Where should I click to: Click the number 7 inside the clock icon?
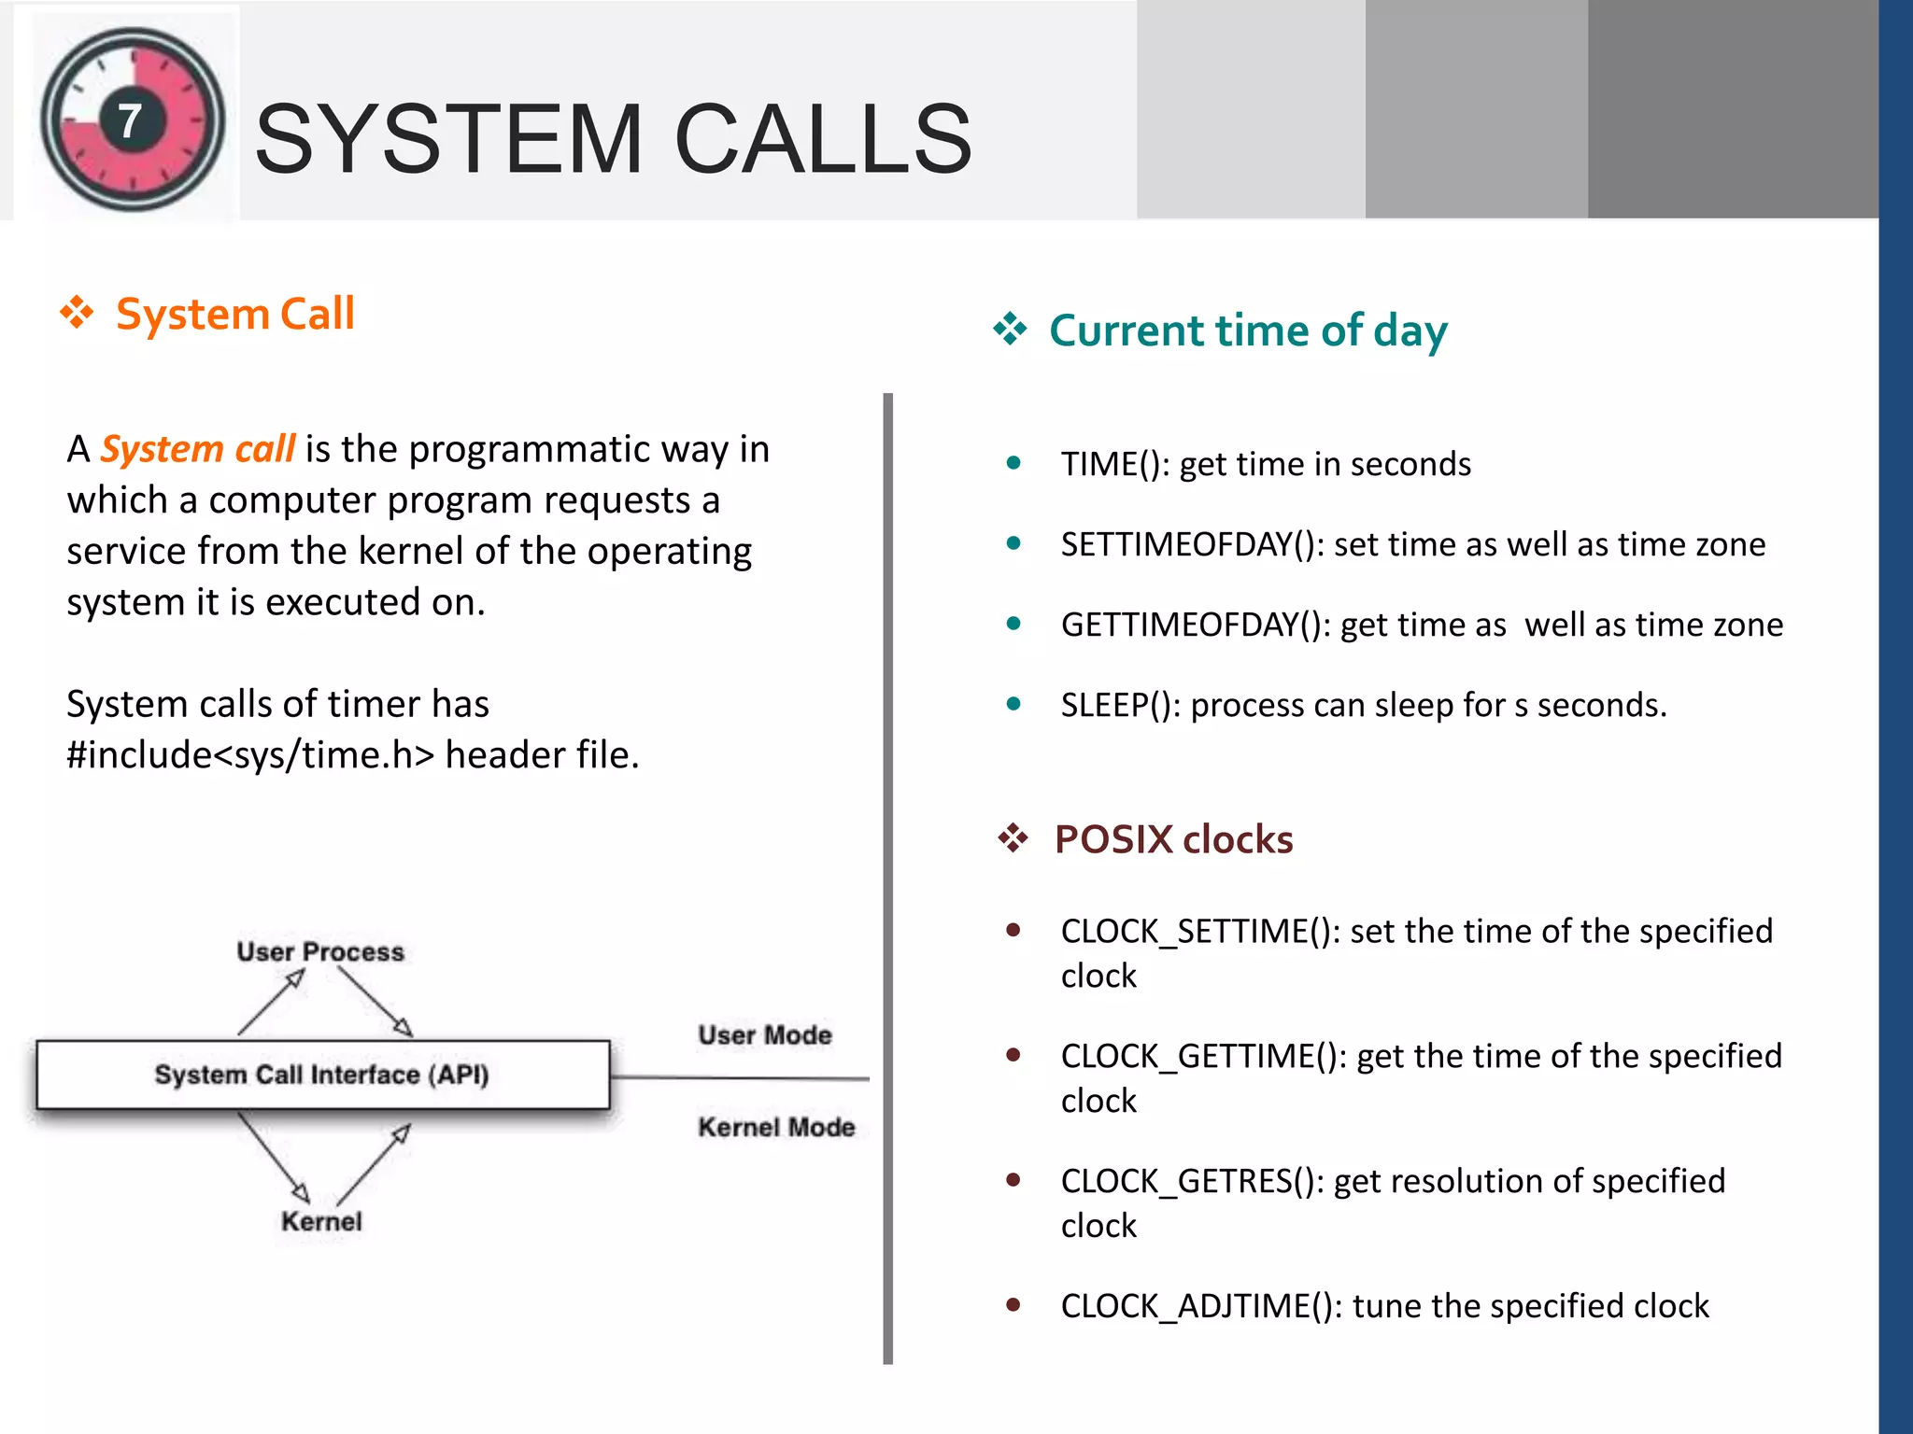(130, 120)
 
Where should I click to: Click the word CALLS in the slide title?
(822, 140)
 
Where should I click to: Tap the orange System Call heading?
(234, 314)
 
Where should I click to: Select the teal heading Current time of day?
(1248, 330)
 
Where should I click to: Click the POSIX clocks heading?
(1173, 839)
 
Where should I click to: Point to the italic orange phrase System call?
(198, 449)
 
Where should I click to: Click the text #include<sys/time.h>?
(250, 754)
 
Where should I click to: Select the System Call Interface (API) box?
(322, 1075)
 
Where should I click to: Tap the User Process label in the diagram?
(320, 951)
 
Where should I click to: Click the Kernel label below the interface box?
(321, 1221)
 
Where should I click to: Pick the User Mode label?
(765, 1034)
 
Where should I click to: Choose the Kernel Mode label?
(776, 1127)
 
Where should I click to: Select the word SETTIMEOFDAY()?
(1192, 544)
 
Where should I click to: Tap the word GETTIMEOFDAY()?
(1196, 625)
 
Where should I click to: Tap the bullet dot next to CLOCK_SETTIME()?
(1013, 930)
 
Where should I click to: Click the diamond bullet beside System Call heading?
(77, 313)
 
